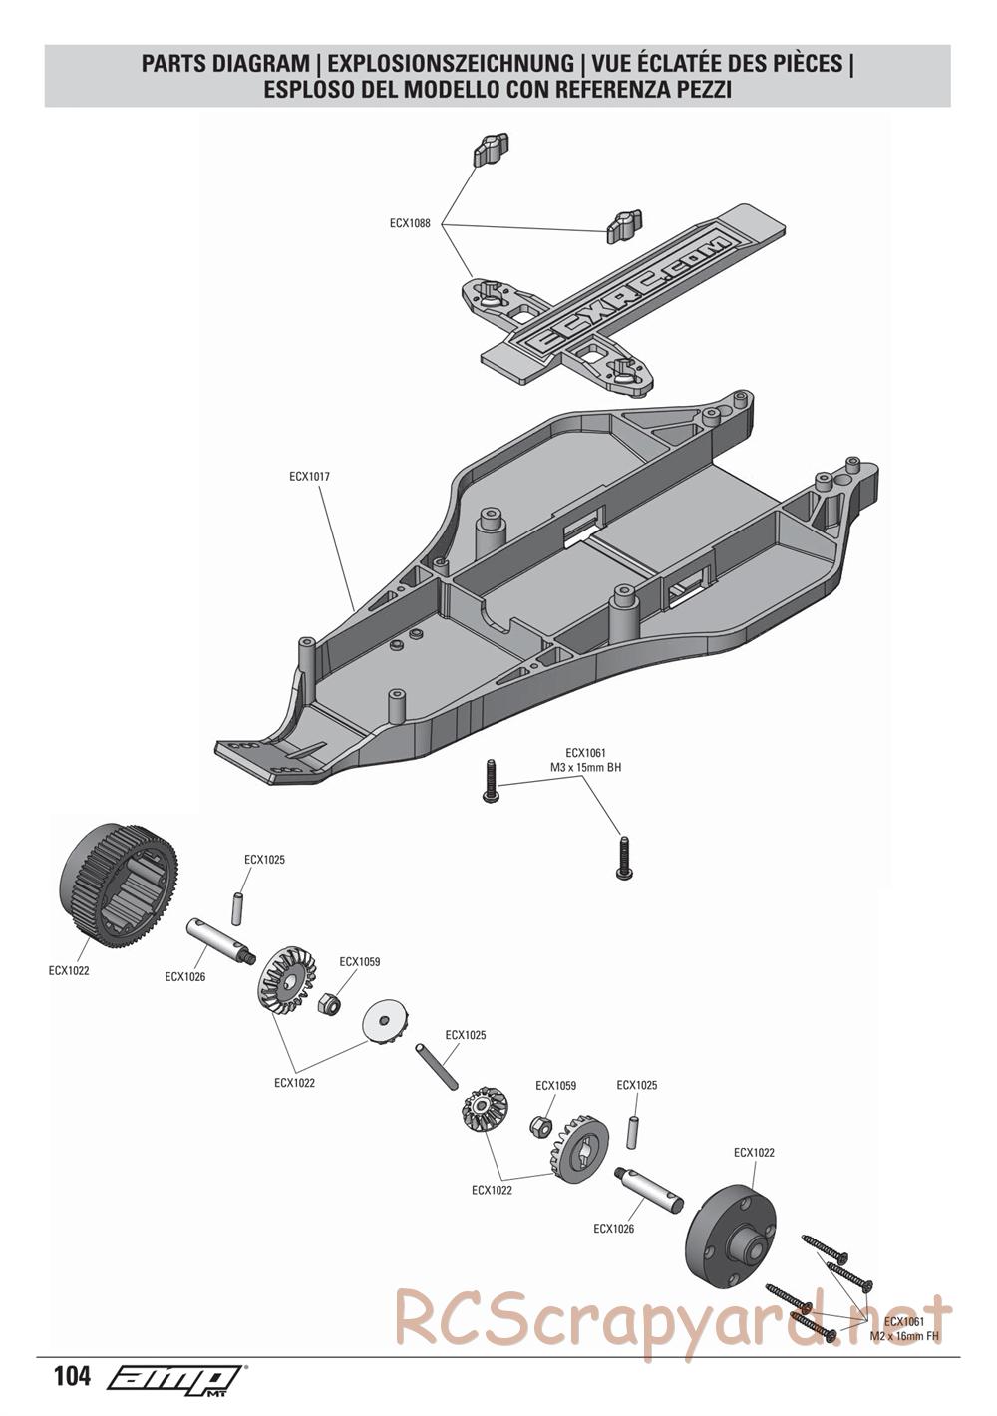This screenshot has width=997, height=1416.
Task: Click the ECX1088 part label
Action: [x=410, y=224]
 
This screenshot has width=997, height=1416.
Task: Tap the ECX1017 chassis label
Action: [x=309, y=477]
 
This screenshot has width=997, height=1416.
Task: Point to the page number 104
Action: [x=72, y=1377]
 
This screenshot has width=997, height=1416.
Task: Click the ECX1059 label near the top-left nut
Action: [x=359, y=962]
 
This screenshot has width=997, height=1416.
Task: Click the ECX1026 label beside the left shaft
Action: [x=185, y=976]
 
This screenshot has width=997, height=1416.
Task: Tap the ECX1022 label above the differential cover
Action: [x=754, y=1152]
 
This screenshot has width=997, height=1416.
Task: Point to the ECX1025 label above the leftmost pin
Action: [x=264, y=859]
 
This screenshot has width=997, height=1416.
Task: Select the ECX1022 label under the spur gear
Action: [x=69, y=970]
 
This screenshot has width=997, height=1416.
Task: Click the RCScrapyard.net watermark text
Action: [x=673, y=1317]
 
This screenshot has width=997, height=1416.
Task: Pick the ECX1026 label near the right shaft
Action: [x=613, y=1229]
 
